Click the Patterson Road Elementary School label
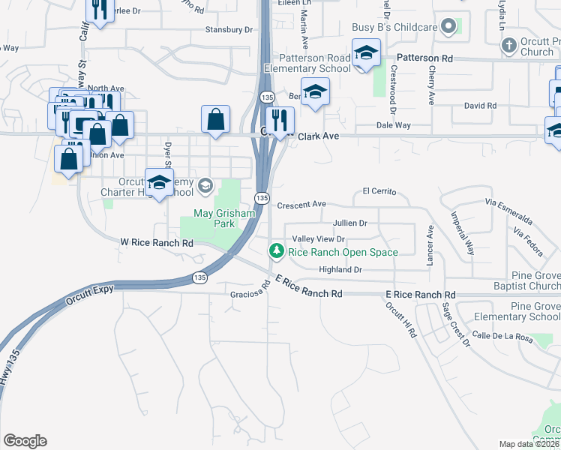tap(307, 63)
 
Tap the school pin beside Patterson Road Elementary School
tap(365, 54)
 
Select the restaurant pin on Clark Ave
tap(280, 120)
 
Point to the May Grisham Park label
tap(225, 218)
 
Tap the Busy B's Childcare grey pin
tap(448, 27)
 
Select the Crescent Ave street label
tap(301, 204)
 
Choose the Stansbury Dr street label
tap(229, 30)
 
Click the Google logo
tap(25, 441)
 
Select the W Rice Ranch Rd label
tap(157, 243)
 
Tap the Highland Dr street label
tap(340, 269)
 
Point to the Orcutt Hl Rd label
tap(400, 319)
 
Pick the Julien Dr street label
tap(349, 223)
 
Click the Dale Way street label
tap(393, 125)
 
